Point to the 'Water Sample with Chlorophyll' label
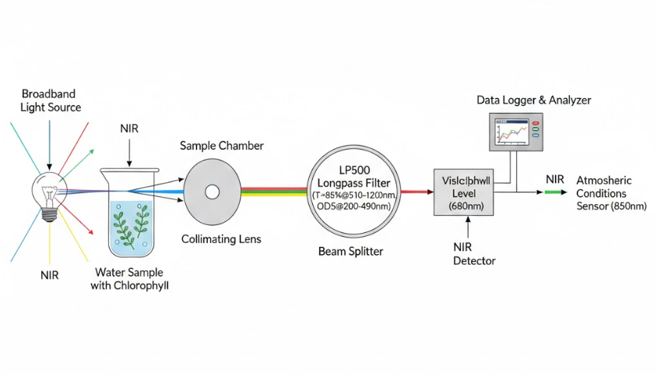[132, 279]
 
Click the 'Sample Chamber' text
[221, 146]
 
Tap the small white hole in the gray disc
[210, 190]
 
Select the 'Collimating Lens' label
[221, 239]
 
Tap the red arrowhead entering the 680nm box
[428, 191]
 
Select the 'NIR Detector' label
[474, 253]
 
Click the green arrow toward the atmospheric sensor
[559, 192]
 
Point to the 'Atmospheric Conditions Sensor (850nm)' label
[610, 193]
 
